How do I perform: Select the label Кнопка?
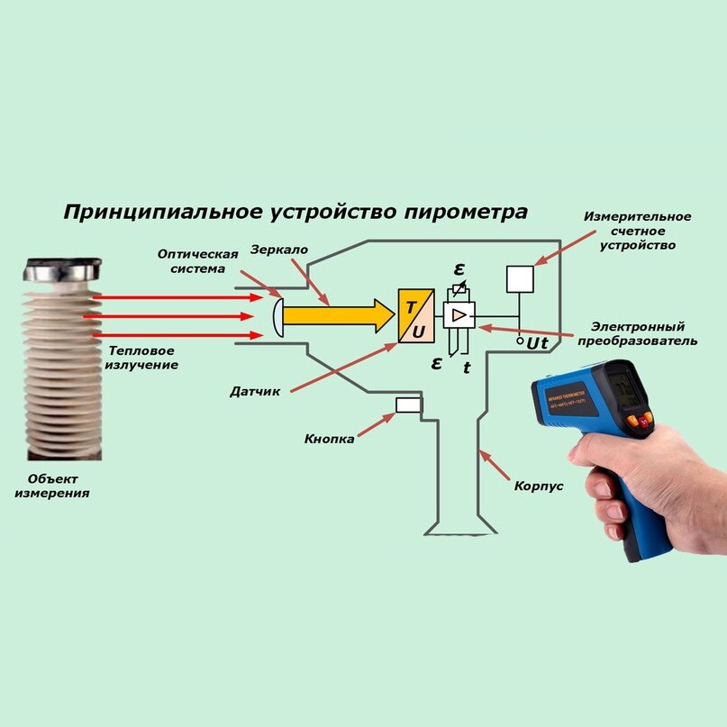(329, 439)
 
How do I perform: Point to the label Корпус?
(539, 486)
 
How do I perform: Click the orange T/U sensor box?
(416, 316)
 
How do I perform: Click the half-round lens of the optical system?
(279, 318)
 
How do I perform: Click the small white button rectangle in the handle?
(409, 405)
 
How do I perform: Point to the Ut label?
(537, 343)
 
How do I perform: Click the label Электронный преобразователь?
(644, 333)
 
